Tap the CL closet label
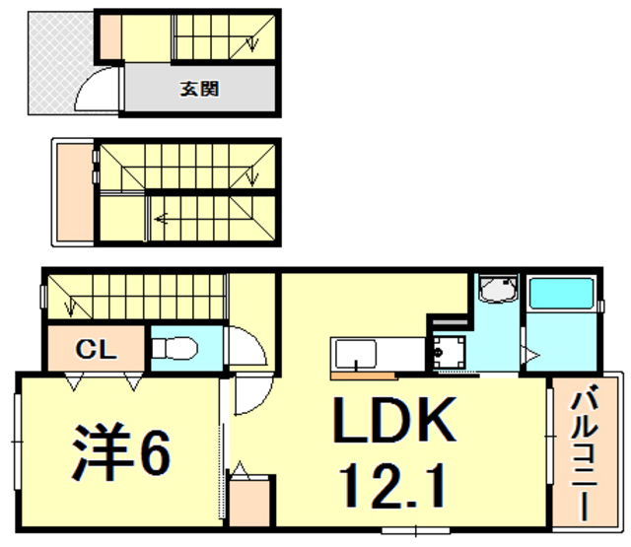coord(97,349)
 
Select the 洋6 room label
coord(120,451)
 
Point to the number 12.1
coord(392,484)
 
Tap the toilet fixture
coord(178,348)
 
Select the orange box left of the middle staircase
coord(73,190)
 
